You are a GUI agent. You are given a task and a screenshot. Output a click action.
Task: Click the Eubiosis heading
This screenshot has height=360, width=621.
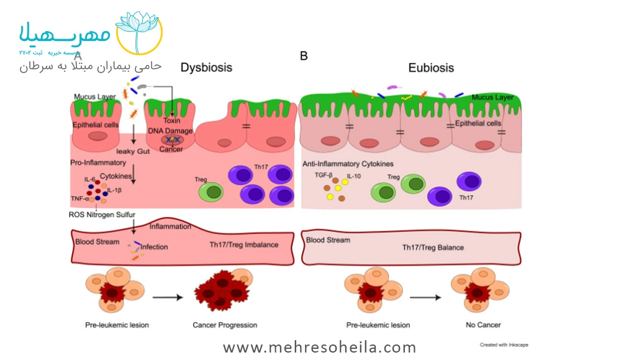pos(431,68)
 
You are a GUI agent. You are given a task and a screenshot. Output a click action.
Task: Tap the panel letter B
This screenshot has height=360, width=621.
pos(304,56)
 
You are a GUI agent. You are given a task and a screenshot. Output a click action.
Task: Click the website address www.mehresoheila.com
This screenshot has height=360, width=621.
pos(320,347)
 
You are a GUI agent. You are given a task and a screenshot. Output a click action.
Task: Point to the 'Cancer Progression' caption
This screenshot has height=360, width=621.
pos(225,325)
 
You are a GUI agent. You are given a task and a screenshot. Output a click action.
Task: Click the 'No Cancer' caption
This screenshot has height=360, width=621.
pos(483,325)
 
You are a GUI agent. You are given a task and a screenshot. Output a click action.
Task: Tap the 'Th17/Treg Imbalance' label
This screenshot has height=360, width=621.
pos(244,245)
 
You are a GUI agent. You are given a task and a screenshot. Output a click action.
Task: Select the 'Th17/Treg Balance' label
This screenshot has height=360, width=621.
pos(433,248)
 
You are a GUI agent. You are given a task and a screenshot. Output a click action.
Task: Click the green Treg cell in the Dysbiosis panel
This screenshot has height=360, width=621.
pos(211,191)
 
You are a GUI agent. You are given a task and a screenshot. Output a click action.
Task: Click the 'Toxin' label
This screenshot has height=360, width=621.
pos(172,121)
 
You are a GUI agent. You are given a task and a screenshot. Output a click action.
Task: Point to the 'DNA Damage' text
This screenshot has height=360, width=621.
pos(170,131)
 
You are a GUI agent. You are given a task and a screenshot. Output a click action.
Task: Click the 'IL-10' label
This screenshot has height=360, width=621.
pos(354,177)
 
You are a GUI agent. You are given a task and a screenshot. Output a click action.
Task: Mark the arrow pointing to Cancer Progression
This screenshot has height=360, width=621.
pos(168,297)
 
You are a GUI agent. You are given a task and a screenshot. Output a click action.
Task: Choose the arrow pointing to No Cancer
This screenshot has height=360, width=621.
pos(425,297)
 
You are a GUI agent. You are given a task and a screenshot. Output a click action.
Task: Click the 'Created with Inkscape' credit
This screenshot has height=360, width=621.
pos(504,344)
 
